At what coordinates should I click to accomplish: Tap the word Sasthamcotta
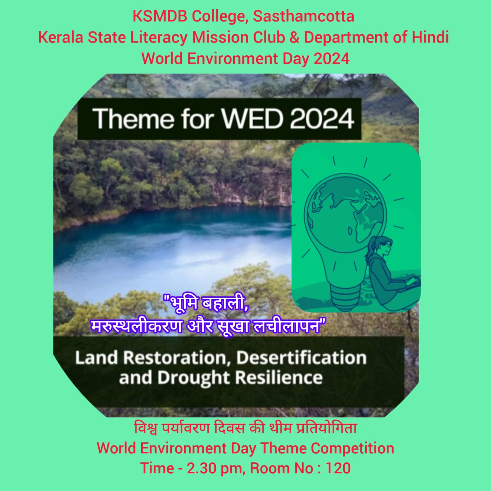[x=303, y=16]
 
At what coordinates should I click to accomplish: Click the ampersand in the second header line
[x=294, y=38]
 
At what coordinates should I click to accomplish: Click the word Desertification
[x=302, y=358]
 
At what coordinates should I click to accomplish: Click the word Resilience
[x=279, y=377]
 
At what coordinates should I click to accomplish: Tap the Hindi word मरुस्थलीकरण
[x=136, y=326]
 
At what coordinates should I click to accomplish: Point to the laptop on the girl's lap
[x=410, y=284]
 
